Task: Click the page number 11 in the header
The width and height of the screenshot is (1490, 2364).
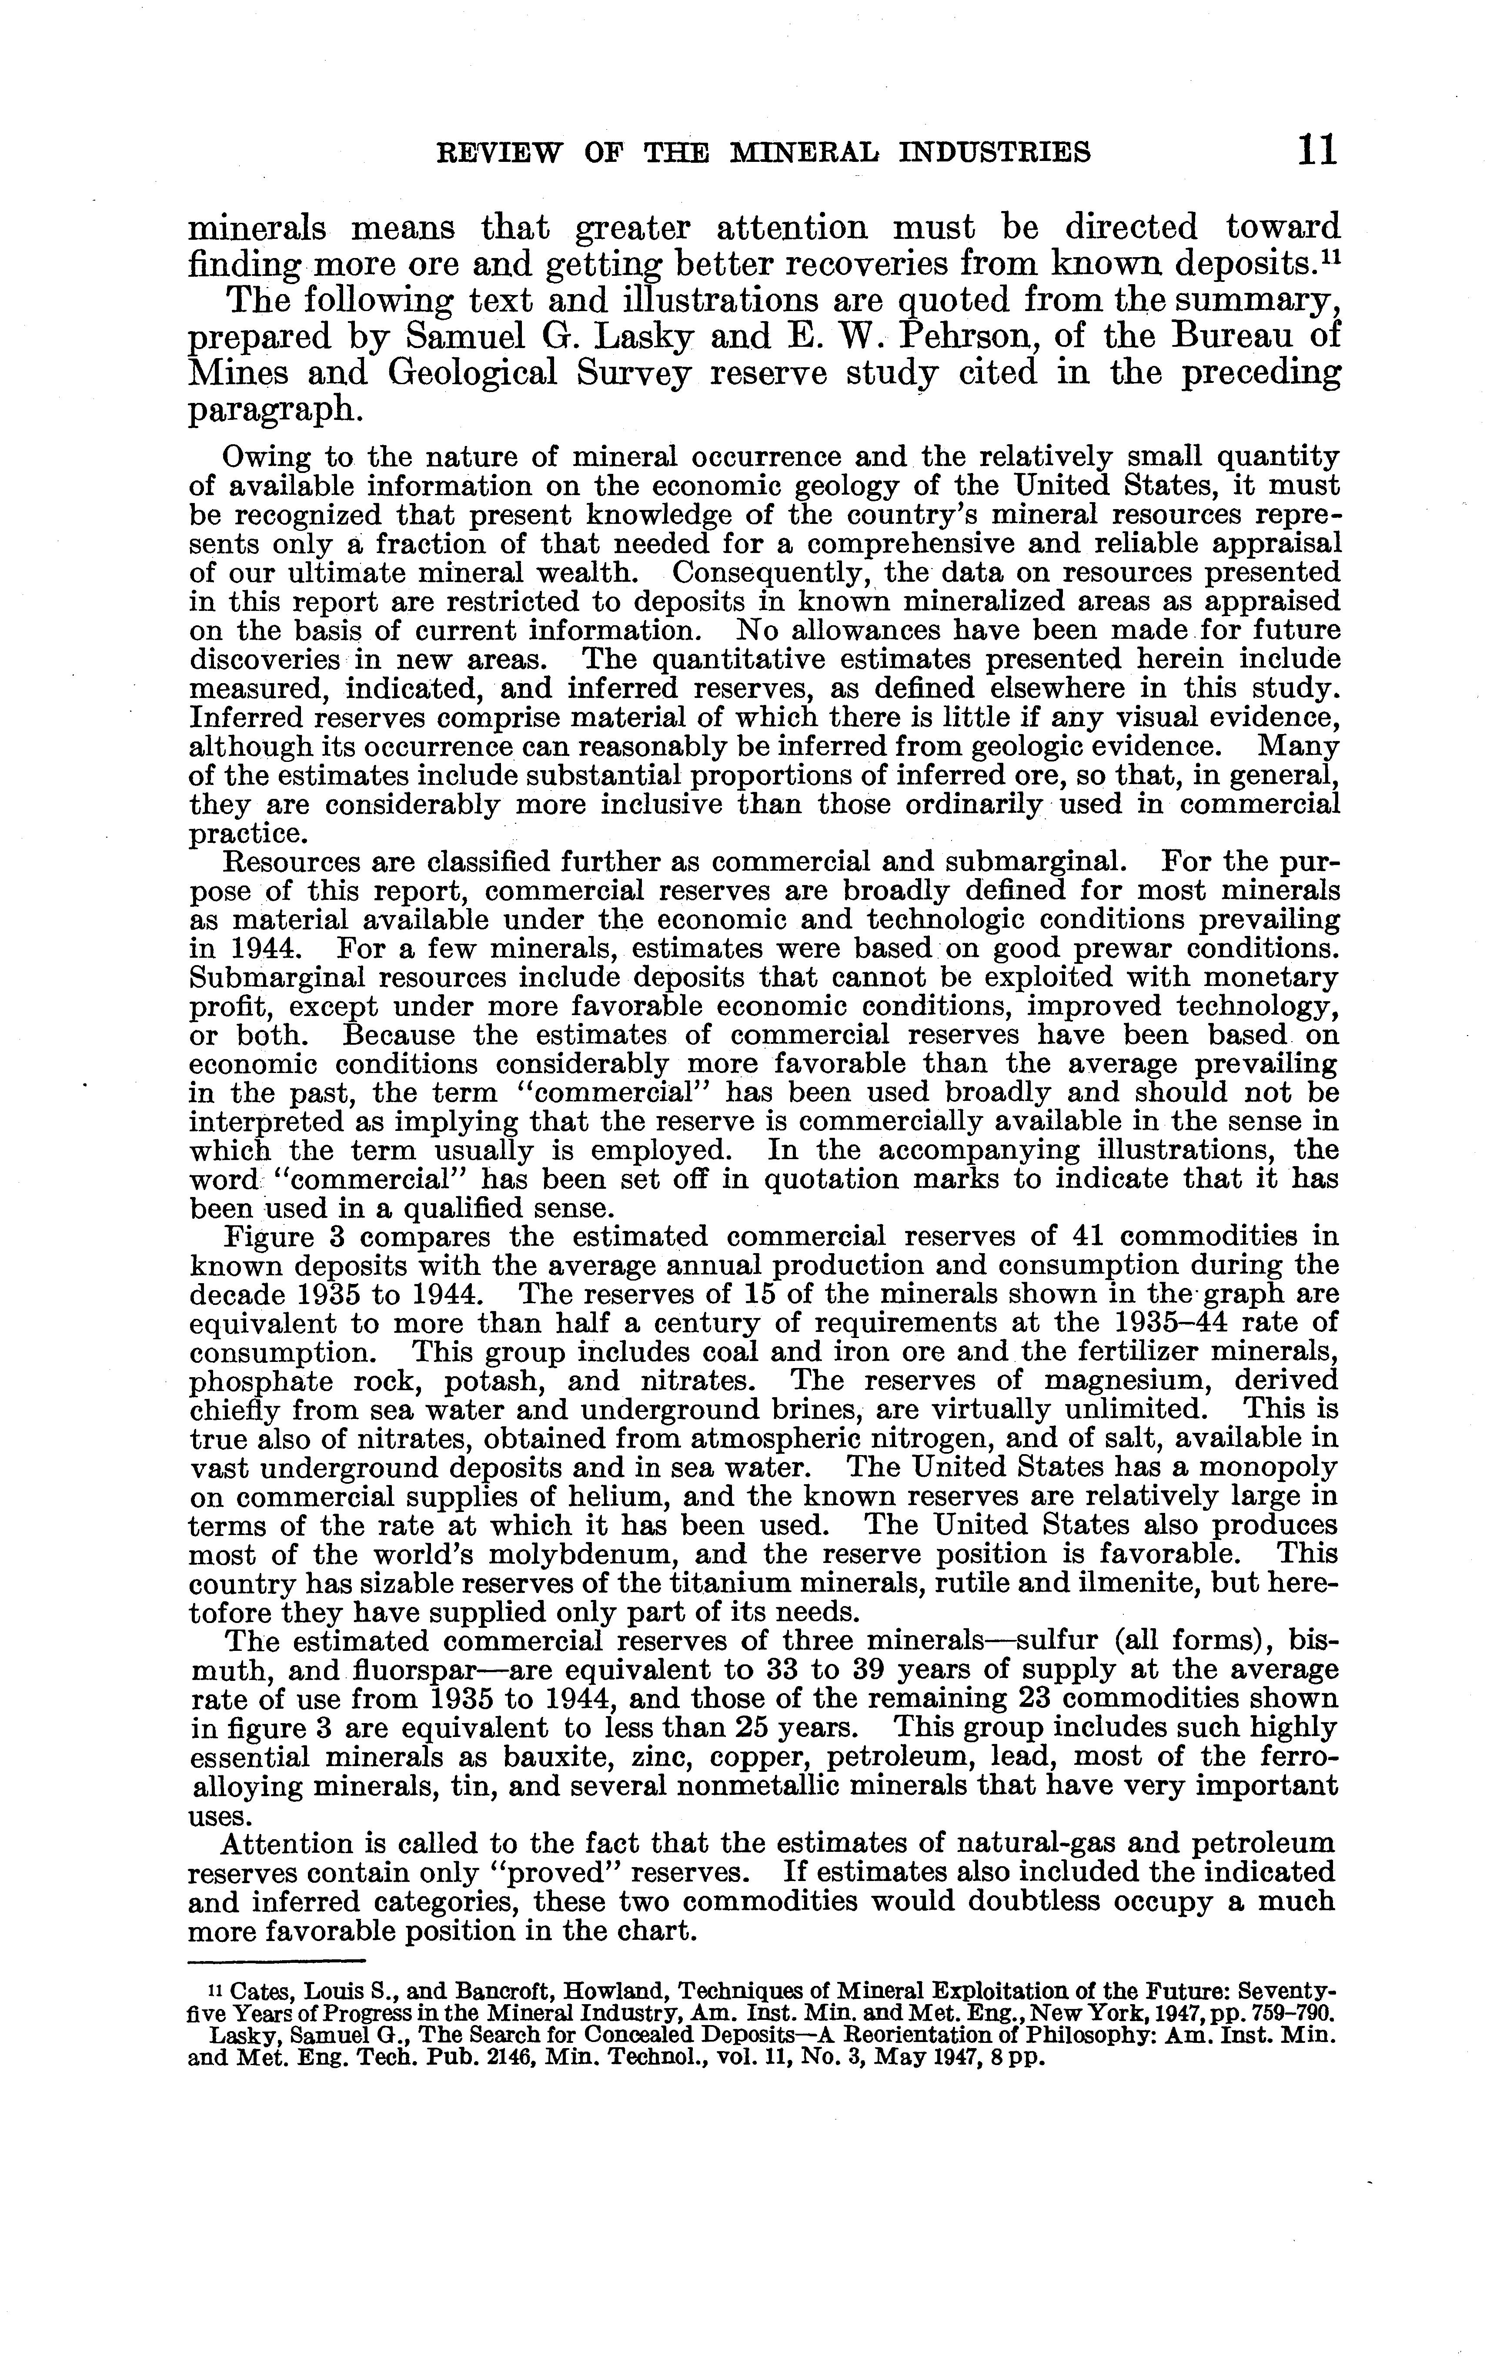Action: click(1315, 150)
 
